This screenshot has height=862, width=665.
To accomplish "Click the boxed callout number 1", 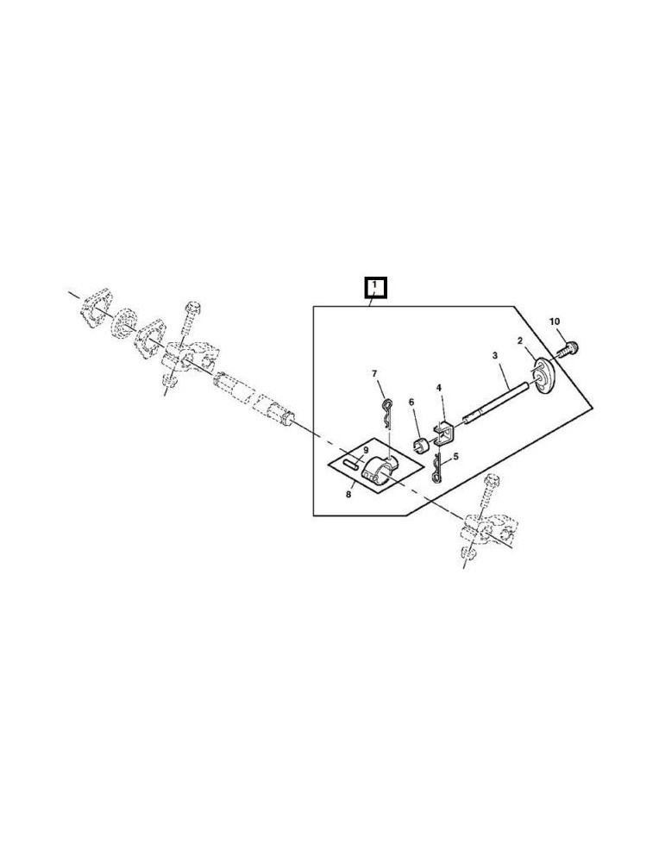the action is click(375, 285).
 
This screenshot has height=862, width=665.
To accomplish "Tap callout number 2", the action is click(520, 341).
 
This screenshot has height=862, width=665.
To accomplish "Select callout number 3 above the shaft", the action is click(495, 356).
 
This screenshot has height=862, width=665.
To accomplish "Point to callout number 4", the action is click(439, 389).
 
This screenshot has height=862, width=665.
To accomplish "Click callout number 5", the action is click(456, 458).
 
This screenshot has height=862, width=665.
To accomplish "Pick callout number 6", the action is click(411, 403).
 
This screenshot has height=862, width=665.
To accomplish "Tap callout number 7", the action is click(374, 373).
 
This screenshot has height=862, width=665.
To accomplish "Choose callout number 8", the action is click(349, 495).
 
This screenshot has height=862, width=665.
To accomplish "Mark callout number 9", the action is click(365, 450).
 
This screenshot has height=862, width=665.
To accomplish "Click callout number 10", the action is click(555, 322).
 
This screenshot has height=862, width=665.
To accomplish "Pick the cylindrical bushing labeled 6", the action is click(421, 446).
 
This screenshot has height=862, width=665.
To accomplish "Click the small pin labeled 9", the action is click(349, 463).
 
